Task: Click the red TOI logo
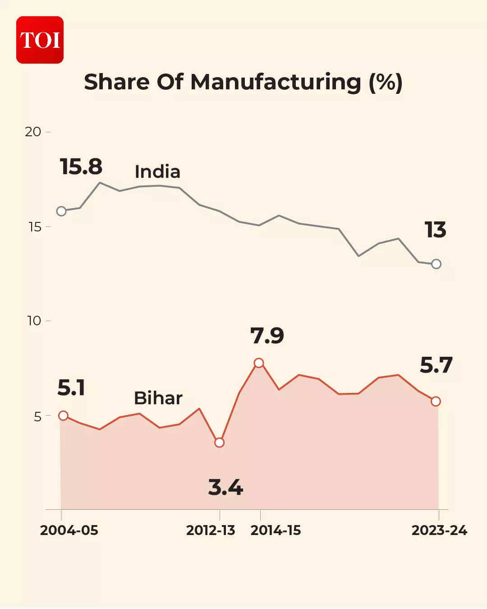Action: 40,40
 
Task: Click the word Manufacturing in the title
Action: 276,82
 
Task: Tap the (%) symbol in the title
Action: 386,82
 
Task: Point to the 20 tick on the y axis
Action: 33,132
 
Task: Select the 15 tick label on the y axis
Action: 35,227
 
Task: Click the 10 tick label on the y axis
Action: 34,321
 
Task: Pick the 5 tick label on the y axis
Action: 37,416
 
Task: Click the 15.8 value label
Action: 81,166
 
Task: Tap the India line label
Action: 157,172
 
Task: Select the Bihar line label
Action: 158,398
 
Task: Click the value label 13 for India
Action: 435,230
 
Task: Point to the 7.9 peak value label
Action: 267,336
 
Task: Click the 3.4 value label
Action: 225,488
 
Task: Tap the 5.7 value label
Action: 436,365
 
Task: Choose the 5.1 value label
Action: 71,388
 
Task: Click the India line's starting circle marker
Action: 61,211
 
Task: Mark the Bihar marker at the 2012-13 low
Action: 220,443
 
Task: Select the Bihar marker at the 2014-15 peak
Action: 259,363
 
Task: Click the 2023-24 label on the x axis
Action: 439,531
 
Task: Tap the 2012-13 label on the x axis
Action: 211,531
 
